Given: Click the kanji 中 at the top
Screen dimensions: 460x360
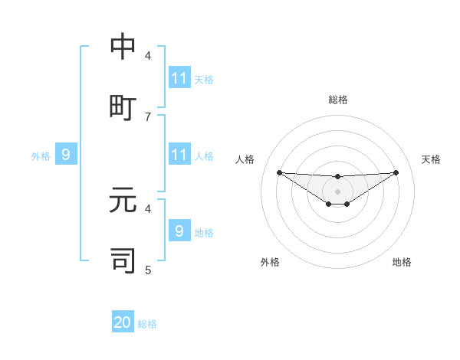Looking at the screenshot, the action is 123,47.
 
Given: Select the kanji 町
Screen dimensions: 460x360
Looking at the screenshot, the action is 123,107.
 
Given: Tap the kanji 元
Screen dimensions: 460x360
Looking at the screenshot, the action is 123,201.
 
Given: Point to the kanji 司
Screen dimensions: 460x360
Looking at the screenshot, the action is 123,260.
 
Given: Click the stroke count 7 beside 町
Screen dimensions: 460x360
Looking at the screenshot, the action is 148,116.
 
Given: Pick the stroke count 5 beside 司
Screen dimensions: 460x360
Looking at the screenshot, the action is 148,270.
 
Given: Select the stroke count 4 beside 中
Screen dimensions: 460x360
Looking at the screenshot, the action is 148,55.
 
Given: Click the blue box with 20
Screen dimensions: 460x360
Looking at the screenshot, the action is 123,323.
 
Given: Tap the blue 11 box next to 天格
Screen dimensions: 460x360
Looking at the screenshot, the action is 179,78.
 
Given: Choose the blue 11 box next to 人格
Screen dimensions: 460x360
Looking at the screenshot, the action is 179,155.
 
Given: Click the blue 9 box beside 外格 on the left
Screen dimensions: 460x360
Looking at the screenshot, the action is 66,155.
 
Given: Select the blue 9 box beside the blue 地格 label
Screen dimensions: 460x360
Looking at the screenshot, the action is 179,231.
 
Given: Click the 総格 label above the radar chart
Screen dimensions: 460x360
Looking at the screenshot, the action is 338,100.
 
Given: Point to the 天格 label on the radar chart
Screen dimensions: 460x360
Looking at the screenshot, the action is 431,159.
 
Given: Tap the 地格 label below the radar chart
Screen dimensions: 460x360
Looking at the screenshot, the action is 402,262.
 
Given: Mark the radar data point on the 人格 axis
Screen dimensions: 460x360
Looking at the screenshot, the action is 279,172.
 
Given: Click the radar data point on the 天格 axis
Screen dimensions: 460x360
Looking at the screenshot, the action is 396,172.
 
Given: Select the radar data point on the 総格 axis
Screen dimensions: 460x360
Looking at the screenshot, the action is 338,177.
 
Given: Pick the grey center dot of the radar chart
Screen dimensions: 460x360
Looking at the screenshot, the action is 338,191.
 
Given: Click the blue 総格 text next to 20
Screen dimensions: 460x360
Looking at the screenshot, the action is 148,324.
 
